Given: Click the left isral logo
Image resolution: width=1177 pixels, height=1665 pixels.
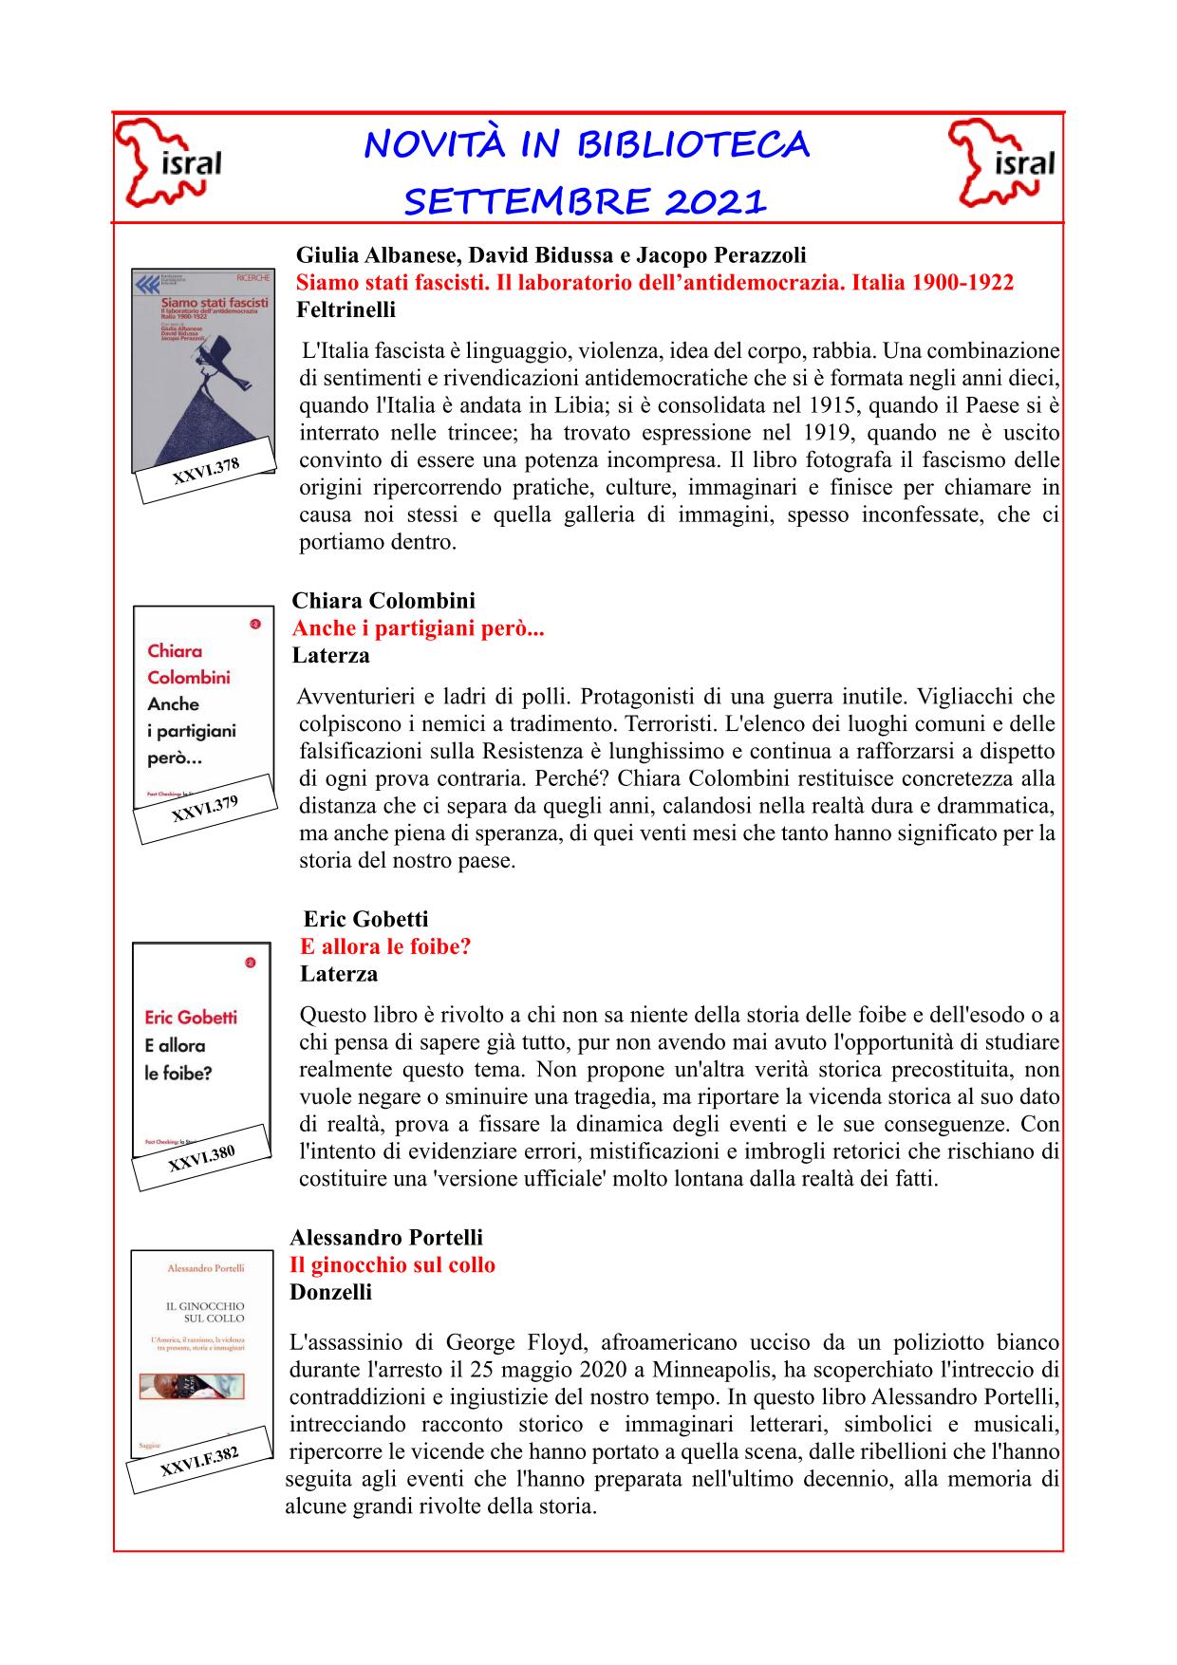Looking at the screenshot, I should click(x=169, y=164).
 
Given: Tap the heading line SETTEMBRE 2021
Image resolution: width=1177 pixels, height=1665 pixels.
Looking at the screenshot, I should click(x=586, y=201).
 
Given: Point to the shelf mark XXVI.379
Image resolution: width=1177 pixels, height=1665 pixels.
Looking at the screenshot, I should click(x=204, y=809).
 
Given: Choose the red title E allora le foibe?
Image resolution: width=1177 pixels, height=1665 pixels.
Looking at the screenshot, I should click(x=385, y=946).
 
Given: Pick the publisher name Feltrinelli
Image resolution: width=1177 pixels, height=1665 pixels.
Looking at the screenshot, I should click(x=346, y=309).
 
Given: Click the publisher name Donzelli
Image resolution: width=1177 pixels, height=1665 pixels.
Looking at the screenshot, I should click(x=330, y=1292).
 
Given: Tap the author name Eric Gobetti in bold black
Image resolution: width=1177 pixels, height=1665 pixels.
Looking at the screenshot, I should click(x=365, y=919).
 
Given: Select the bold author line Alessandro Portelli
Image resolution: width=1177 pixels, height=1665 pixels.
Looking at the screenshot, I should click(x=385, y=1237).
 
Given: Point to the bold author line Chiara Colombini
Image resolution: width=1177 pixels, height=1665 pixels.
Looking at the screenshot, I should click(x=383, y=600).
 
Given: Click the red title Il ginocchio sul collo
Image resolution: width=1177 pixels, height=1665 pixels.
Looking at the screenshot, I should click(x=392, y=1264).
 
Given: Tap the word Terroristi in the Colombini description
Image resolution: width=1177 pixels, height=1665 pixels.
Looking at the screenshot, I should click(x=673, y=724).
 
